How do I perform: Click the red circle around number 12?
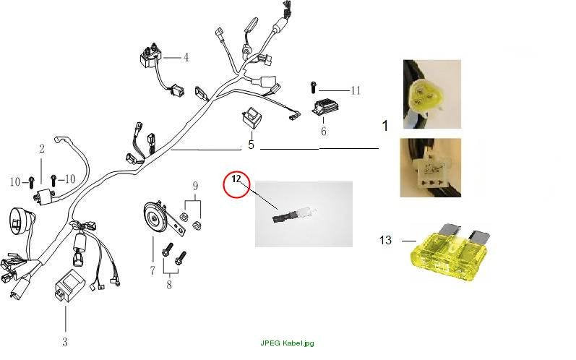[224, 185]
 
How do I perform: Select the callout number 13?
[385, 240]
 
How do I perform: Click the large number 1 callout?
[385, 126]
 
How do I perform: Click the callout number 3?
[64, 342]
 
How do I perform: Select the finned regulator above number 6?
[325, 107]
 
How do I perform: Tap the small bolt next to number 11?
[313, 87]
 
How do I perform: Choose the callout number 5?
[251, 145]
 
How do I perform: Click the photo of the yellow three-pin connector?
[432, 95]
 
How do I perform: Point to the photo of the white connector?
[431, 168]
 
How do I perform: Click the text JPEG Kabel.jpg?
[287, 343]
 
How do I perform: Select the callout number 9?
[195, 187]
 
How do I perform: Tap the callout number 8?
[169, 285]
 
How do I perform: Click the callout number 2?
[41, 148]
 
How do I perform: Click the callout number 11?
[356, 90]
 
